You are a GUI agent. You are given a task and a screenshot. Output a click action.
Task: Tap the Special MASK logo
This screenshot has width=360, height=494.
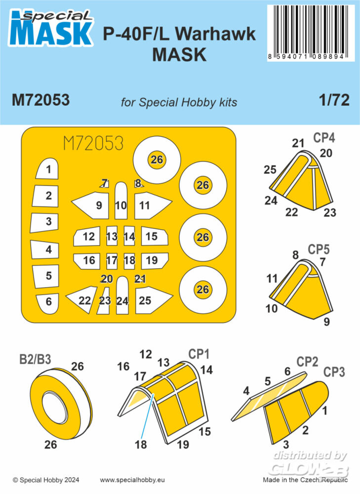pos(51,28)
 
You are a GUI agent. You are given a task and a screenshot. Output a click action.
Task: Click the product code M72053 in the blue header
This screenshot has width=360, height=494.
pos(40,100)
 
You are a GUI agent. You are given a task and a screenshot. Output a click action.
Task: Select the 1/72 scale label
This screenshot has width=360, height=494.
pos(334,100)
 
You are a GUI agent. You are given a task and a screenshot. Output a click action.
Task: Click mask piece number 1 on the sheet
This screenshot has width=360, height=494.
pos(47,168)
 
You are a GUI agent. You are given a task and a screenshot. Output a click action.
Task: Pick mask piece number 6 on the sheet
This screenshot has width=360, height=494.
pos(47,304)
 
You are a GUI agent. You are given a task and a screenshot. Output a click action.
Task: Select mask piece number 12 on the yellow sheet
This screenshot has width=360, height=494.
pos(87,236)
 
